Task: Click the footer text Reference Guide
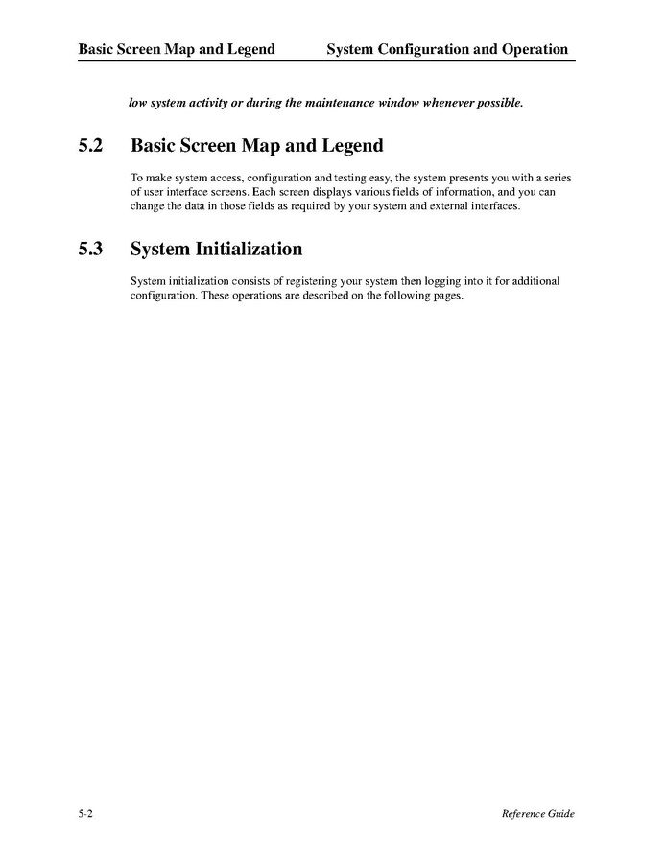(x=537, y=814)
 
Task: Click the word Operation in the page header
(x=530, y=49)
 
